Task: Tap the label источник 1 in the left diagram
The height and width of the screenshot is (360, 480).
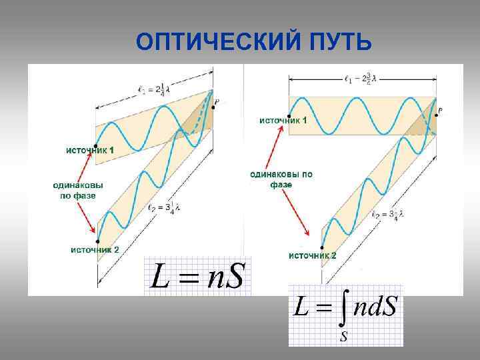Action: coord(89,151)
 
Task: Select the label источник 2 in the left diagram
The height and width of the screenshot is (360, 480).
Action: coord(94,249)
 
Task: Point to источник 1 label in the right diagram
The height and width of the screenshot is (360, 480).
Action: coord(283,120)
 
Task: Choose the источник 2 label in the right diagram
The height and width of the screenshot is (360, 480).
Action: coord(312,255)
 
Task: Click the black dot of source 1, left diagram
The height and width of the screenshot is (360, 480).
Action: coord(95,145)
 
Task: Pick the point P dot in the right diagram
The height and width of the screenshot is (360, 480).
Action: coord(435,114)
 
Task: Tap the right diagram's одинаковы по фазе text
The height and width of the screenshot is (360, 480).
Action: coord(281,179)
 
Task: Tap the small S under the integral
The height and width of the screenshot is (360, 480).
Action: coord(343,335)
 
